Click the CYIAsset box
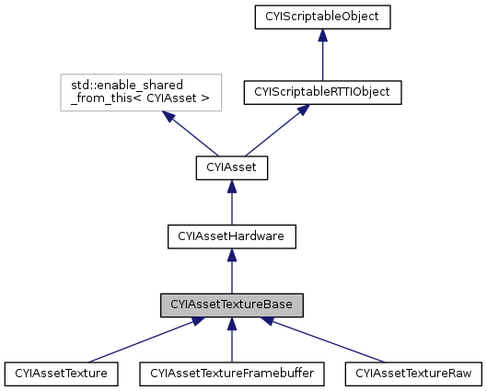point(231,168)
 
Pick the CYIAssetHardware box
point(231,236)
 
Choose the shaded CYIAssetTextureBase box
point(231,304)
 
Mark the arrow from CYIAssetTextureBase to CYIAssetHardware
point(231,272)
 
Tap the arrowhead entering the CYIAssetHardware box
point(231,255)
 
